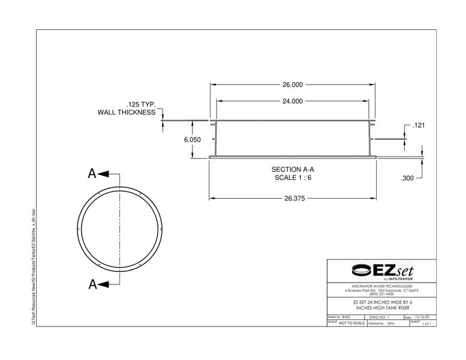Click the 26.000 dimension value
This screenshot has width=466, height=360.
point(293,85)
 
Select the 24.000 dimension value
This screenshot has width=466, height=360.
point(293,101)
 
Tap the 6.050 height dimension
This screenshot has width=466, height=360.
point(192,139)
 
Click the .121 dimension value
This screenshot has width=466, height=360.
point(420,125)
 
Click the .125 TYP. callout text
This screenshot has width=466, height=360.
point(140,104)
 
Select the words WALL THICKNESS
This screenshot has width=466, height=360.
point(127,112)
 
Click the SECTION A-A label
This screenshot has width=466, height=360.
point(293,170)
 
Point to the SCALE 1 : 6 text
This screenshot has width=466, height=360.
point(293,178)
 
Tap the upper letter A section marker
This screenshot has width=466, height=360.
point(92,174)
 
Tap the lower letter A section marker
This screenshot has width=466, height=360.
point(92,284)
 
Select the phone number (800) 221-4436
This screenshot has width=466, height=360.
point(381,293)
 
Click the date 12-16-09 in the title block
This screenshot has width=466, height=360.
point(422,317)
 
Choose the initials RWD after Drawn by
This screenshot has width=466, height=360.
point(346,317)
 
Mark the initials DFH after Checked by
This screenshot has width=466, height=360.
point(391,323)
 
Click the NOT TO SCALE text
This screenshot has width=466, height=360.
point(351,323)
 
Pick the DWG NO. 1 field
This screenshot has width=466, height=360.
point(380,317)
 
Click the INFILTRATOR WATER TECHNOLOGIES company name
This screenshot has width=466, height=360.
point(381,286)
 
